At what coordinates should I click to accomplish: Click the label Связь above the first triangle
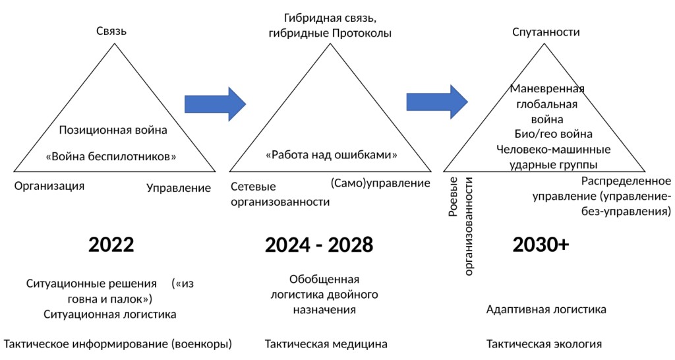[x=111, y=31]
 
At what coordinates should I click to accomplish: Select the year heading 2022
[x=111, y=245]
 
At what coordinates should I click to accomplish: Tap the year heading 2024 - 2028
[x=319, y=245]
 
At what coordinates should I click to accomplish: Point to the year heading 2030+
[x=541, y=245]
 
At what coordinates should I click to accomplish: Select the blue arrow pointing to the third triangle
[x=436, y=102]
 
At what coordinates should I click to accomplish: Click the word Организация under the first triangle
[x=49, y=185]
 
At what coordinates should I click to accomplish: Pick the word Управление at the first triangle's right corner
[x=179, y=188]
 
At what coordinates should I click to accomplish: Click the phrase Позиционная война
[x=113, y=130]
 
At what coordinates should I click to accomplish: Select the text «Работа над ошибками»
[x=332, y=156]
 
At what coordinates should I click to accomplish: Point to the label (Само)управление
[x=380, y=183]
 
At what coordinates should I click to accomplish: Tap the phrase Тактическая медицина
[x=326, y=344]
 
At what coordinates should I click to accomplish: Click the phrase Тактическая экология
[x=544, y=344]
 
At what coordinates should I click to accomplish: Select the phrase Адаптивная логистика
[x=546, y=309]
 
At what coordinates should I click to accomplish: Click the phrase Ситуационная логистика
[x=110, y=314]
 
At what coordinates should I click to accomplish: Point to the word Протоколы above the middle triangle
[x=361, y=33]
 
